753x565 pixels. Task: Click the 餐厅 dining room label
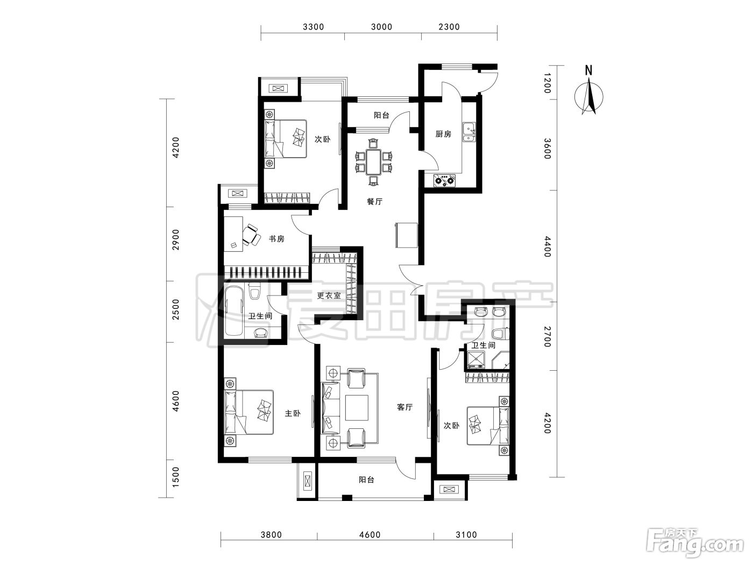coord(374,201)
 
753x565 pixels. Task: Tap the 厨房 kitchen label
coord(443,134)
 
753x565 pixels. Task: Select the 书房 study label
coord(276,239)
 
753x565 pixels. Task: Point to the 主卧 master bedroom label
coord(293,413)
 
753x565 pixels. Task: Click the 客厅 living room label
coord(405,407)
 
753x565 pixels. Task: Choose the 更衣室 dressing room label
coord(329,295)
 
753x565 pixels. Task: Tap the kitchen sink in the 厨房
coord(468,132)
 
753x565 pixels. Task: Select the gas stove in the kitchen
coord(445,180)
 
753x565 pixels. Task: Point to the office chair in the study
coord(252,235)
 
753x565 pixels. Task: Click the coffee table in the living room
coord(357,407)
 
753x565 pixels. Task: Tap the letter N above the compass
coord(588,70)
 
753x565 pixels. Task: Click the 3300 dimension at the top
coord(313,27)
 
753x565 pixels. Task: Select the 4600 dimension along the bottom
coord(370,535)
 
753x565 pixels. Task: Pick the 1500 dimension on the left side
coord(175,477)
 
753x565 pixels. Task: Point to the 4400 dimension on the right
coord(547,246)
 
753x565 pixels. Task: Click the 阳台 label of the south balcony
coord(366,479)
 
